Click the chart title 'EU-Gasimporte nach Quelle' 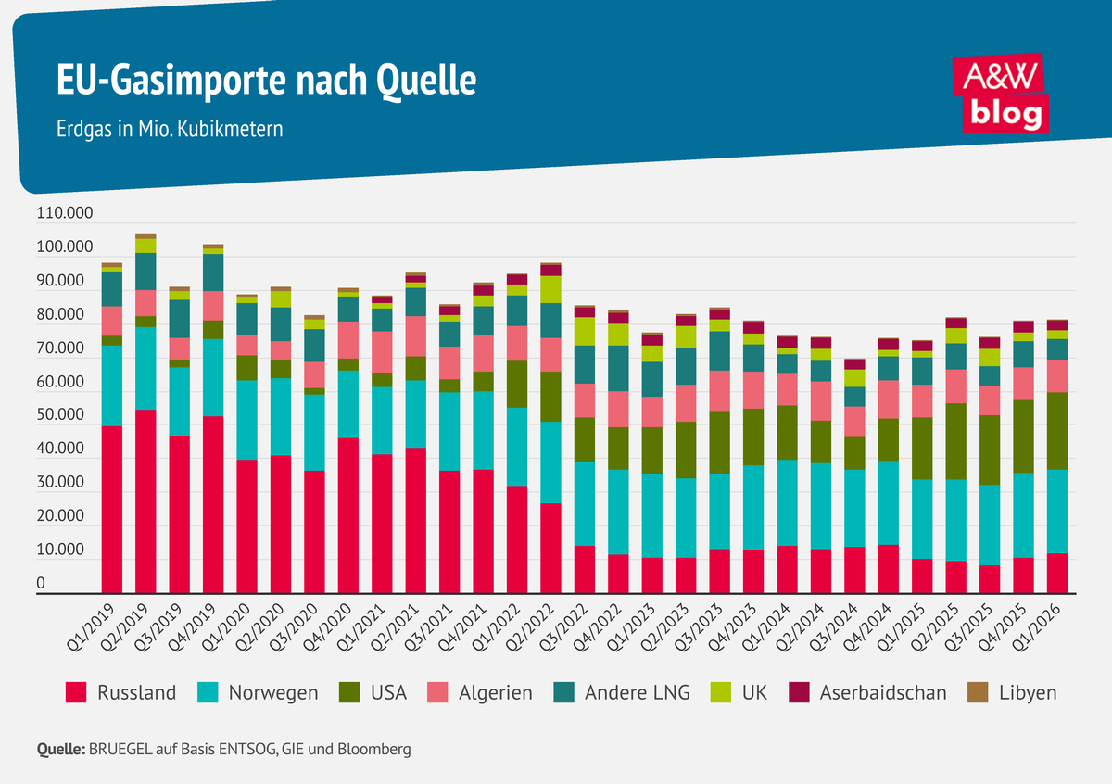pos(267,81)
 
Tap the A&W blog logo pos(1002,93)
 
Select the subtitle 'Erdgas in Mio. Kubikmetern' pos(170,129)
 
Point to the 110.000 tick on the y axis pos(64,214)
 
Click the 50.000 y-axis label pos(64,417)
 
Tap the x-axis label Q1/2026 pos(1046,628)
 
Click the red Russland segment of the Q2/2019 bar pos(145,500)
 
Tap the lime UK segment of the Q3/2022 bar pos(584,331)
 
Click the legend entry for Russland pos(120,692)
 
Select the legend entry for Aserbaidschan pos(867,692)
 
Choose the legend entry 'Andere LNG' pos(622,692)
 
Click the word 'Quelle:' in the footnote pos(60,748)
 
